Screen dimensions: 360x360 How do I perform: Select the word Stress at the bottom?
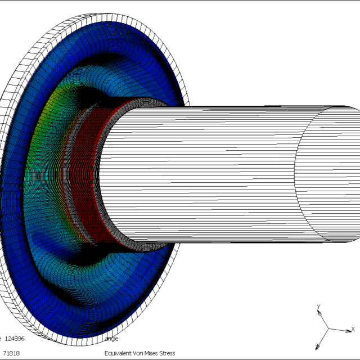167,353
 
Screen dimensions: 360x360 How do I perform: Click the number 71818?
11,353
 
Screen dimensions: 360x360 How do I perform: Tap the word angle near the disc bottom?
111,339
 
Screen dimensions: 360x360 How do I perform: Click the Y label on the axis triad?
318,307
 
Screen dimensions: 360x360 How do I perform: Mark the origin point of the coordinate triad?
327,329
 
